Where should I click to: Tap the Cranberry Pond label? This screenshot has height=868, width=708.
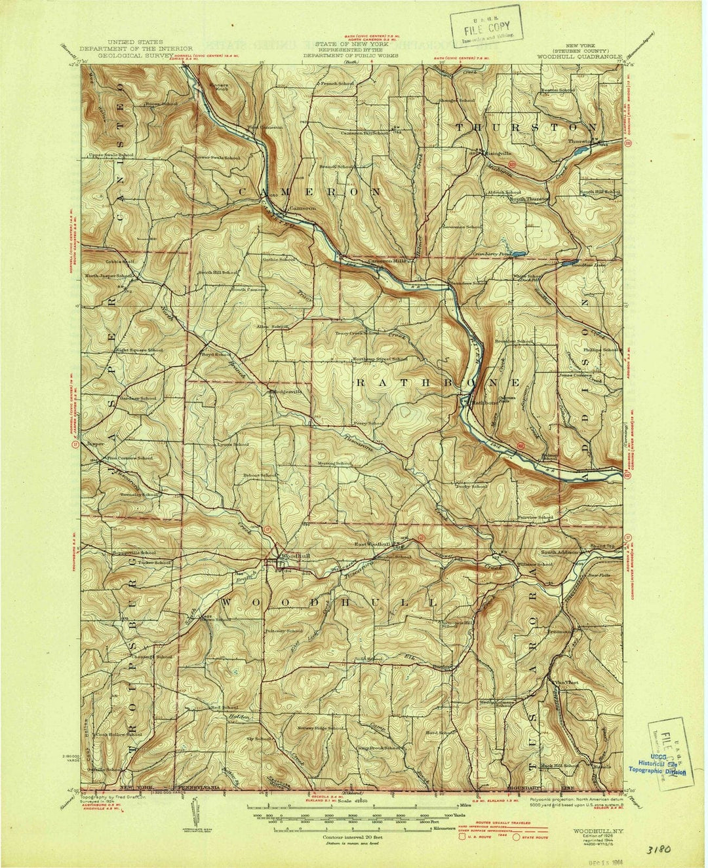pyautogui.click(x=491, y=253)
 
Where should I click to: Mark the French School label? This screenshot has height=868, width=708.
pyautogui.click(x=338, y=85)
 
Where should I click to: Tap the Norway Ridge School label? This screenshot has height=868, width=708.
pyautogui.click(x=321, y=728)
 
